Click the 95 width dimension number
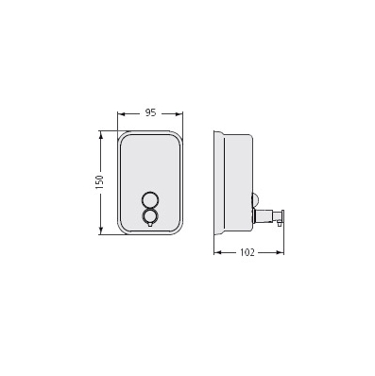pyautogui.click(x=150, y=112)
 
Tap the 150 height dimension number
pyautogui.click(x=99, y=182)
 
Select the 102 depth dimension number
pyautogui.click(x=247, y=252)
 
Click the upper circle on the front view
pyautogui.click(x=150, y=199)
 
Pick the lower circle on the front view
pyautogui.click(x=150, y=215)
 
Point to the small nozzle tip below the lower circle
pyautogui.click(x=150, y=224)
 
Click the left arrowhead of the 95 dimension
pyautogui.click(x=120, y=113)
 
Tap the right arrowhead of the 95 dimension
pyautogui.click(x=180, y=113)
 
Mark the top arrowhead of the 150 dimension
pyautogui.click(x=101, y=134)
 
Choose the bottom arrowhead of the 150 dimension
pyautogui.click(x=101, y=231)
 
